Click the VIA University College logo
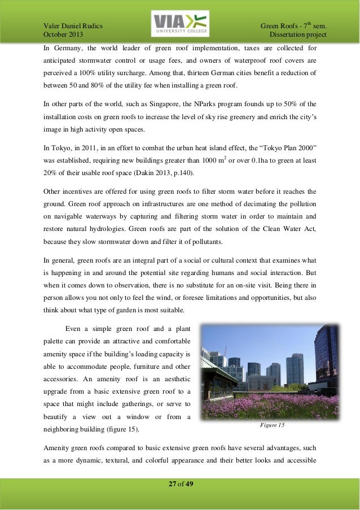[180, 24]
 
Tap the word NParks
[211, 106]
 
